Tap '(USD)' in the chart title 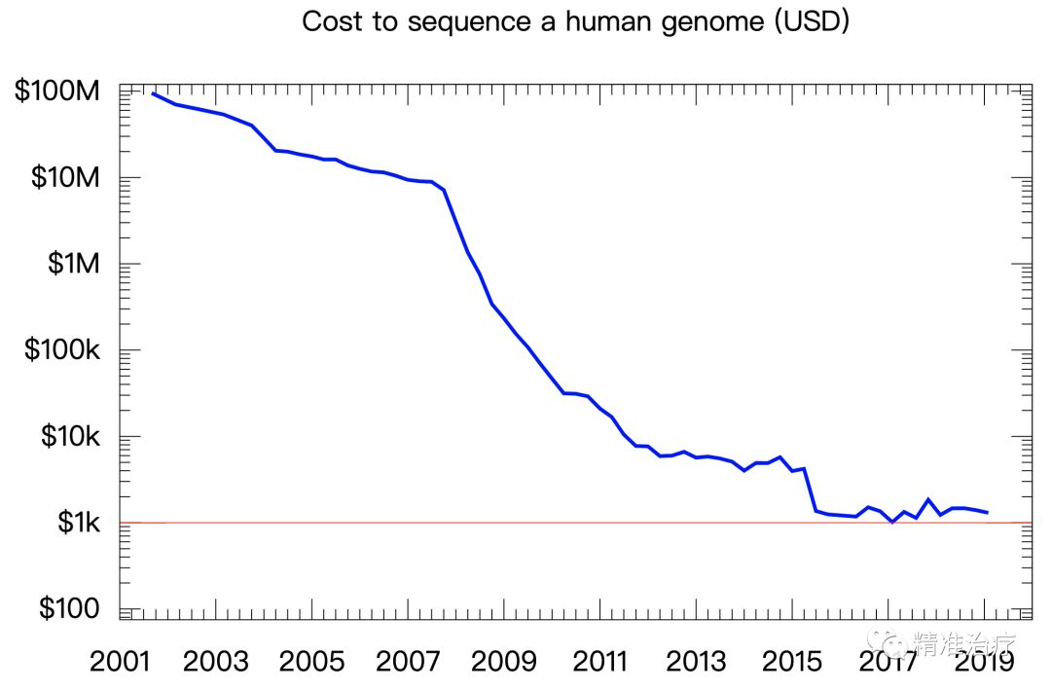tap(812, 21)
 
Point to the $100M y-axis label tap(57, 92)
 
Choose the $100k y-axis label tap(62, 350)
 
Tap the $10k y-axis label tap(70, 437)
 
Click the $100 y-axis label tap(70, 609)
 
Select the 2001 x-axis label tap(121, 662)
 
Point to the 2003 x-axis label tap(216, 662)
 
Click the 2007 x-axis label tap(408, 662)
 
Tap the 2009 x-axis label tap(503, 662)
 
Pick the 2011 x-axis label tap(599, 662)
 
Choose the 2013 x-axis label tap(695, 662)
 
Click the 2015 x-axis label tap(790, 662)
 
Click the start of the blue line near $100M tap(154, 93)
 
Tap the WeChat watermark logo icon tap(888, 642)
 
